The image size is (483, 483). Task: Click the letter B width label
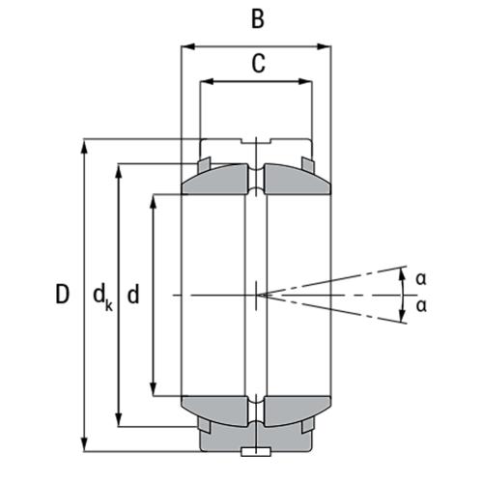256,18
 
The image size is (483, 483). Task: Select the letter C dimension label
257,64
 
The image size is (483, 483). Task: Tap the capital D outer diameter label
62,295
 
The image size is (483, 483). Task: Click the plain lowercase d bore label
133,295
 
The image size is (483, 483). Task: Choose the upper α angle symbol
420,278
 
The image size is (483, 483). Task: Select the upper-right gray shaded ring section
293,181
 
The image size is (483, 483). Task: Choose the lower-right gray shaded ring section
293,409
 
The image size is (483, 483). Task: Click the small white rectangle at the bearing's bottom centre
256,450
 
